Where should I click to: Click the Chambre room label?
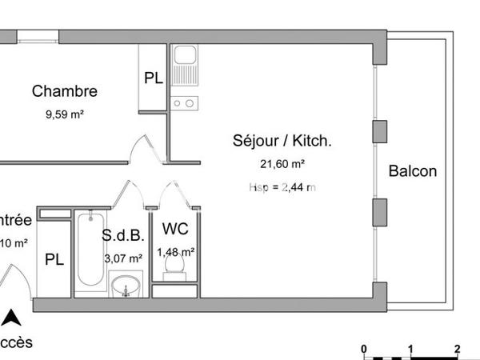pos(65,92)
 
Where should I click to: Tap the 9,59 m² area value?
pos(65,114)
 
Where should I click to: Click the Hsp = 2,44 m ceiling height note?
pos(282,187)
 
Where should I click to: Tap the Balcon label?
pos(413,171)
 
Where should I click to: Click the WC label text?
pos(175,230)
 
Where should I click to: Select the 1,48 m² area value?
pos(176,252)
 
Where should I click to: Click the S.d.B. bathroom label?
pos(122,236)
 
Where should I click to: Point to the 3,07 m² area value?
pos(123,258)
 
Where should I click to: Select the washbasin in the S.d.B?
pos(126,286)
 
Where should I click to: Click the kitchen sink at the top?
pos(186,58)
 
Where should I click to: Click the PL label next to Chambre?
pos(154,78)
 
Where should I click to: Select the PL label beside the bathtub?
pos(54,260)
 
